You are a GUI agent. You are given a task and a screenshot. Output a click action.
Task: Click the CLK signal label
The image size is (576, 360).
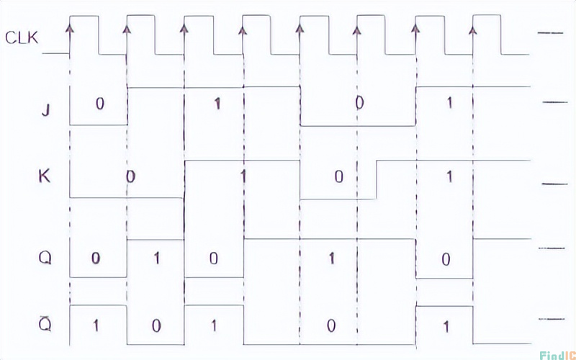point(22,38)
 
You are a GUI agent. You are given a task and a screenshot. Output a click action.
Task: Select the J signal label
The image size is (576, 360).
point(45,111)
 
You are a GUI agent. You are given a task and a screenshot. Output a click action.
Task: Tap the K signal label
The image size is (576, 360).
point(45,177)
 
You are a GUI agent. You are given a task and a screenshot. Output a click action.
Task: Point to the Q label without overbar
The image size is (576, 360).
point(45,258)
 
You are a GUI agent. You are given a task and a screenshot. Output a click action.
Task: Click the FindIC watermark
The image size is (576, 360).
point(557,354)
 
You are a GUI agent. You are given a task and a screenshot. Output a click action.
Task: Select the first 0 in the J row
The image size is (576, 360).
point(99,104)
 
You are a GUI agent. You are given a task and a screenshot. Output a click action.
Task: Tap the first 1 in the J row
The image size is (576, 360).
point(217,104)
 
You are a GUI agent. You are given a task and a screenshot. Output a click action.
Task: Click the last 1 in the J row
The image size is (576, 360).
point(449,104)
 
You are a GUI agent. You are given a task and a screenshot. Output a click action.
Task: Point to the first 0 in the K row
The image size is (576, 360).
point(130,176)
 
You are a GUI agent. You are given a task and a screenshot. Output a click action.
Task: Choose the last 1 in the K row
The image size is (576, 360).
point(449,177)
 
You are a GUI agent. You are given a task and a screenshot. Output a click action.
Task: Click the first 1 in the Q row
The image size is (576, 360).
point(156,259)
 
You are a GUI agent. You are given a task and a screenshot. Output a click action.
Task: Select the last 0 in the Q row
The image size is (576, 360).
point(446,260)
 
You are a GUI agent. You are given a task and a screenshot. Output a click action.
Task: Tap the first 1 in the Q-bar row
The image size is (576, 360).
point(96,326)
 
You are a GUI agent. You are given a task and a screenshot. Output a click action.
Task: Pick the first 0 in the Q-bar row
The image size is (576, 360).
point(156,326)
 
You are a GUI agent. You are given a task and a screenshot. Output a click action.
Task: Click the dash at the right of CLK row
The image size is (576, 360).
point(550,33)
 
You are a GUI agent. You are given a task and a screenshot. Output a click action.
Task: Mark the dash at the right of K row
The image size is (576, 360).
point(554,184)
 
